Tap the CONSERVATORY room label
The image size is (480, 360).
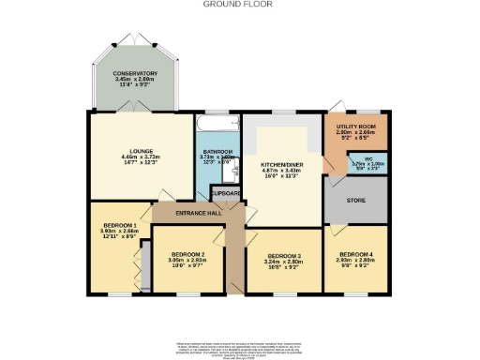pyautogui.click(x=135, y=73)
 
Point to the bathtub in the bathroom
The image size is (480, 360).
pyautogui.click(x=218, y=123)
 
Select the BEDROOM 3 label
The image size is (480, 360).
pyautogui.click(x=284, y=256)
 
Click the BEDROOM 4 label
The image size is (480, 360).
pyautogui.click(x=356, y=254)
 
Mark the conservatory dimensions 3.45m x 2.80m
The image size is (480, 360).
pyautogui.click(x=135, y=80)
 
